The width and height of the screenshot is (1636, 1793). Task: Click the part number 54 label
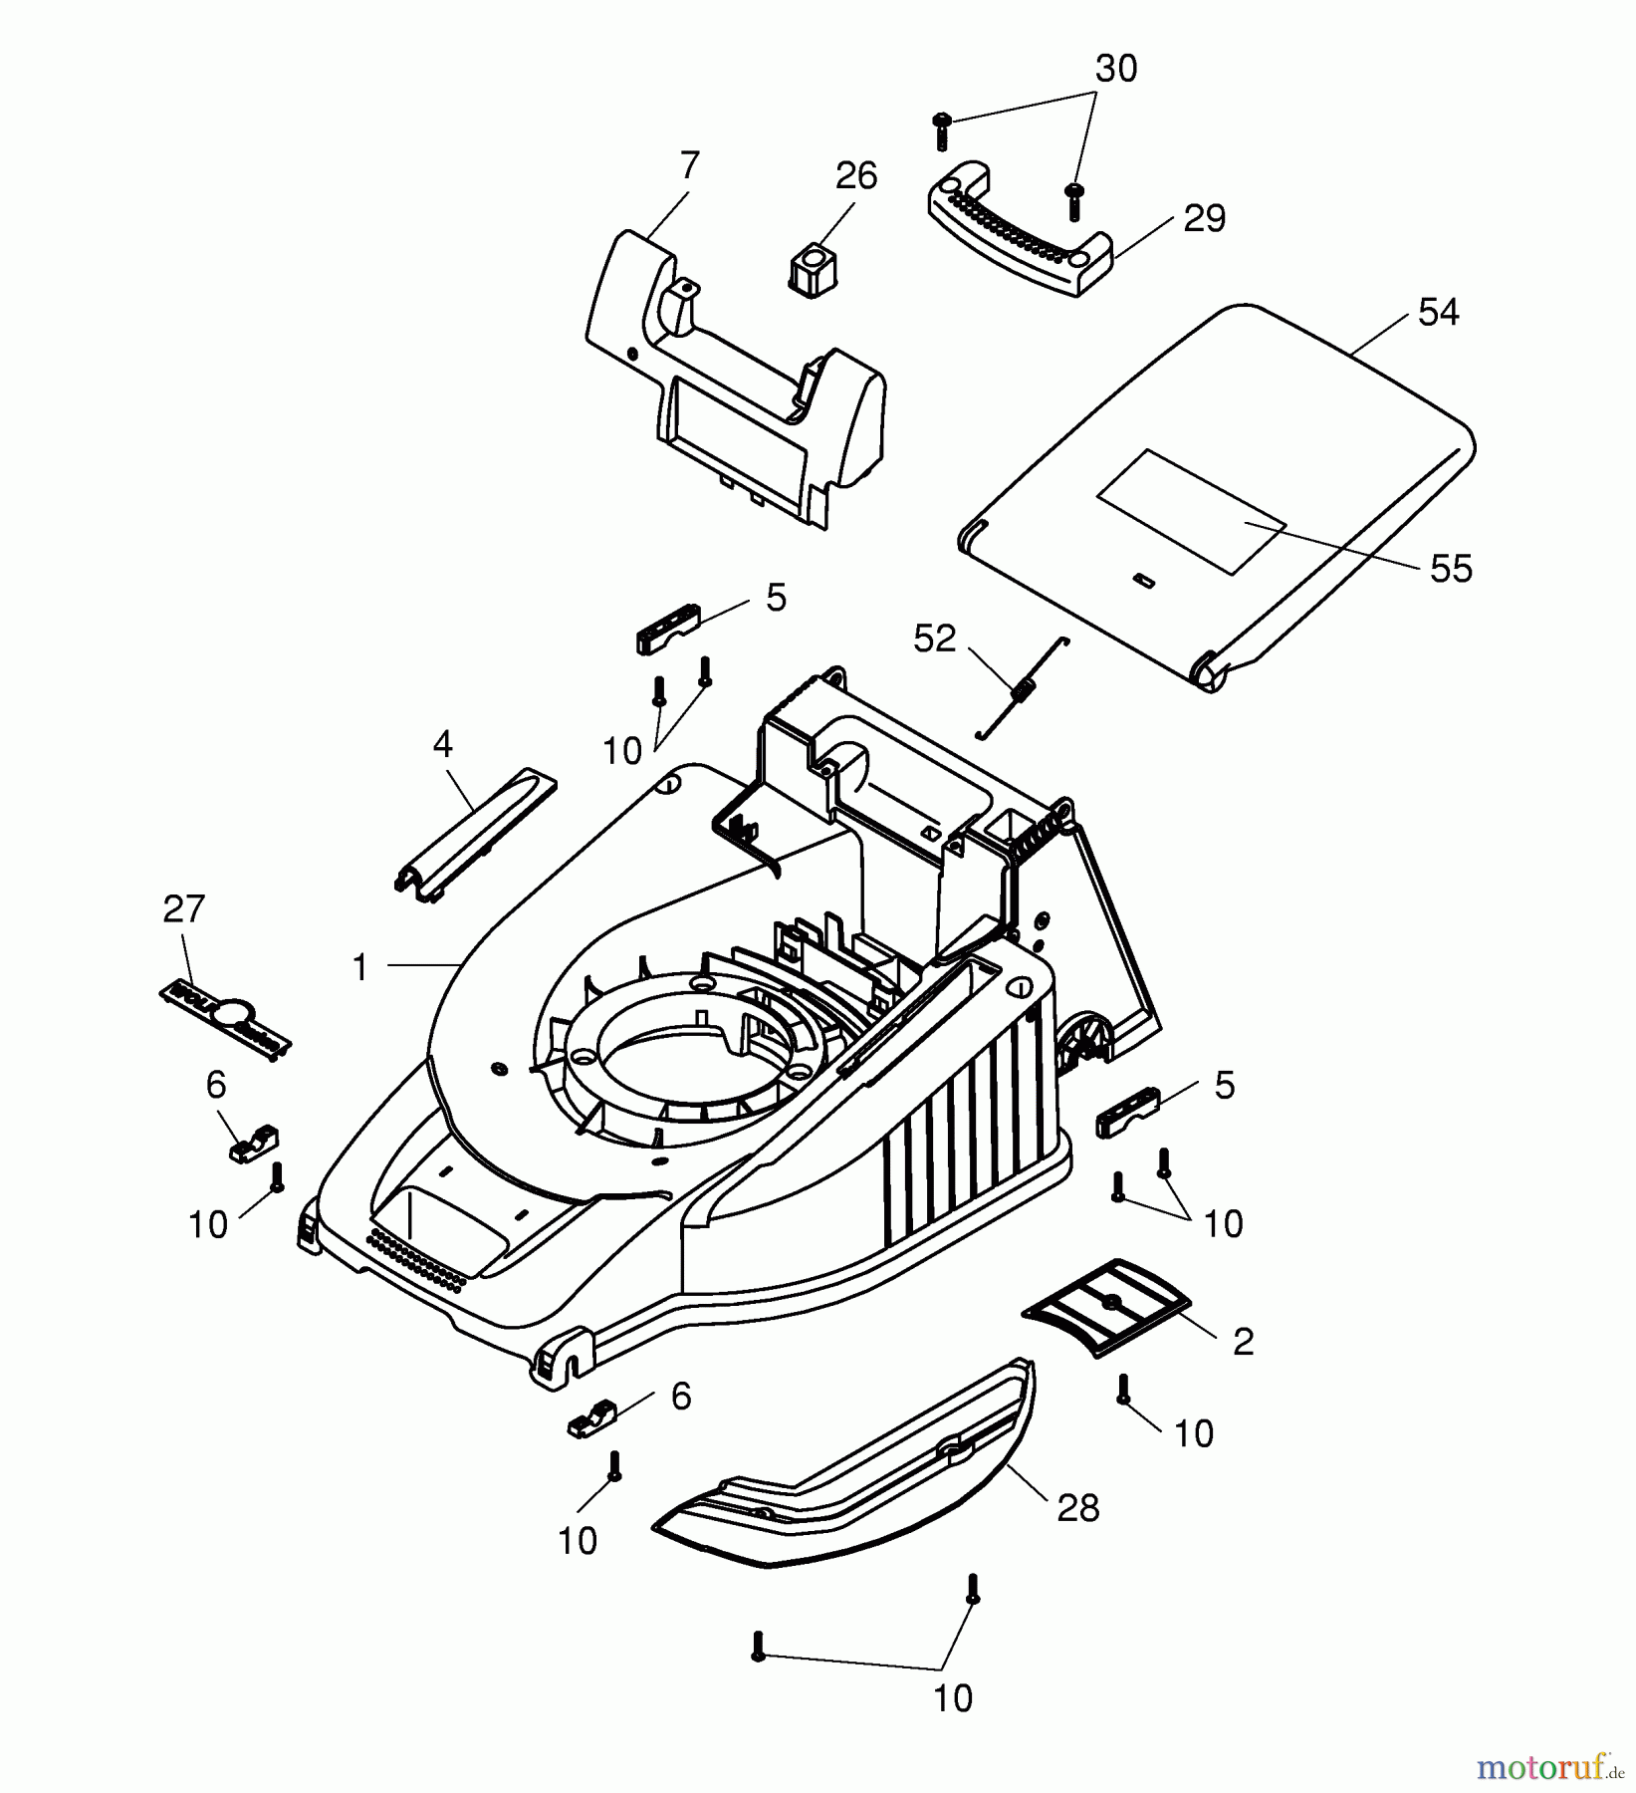1438,313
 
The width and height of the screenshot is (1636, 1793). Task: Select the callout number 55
1450,569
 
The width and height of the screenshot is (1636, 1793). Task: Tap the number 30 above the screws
1115,69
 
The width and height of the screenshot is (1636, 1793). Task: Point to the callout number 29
1204,219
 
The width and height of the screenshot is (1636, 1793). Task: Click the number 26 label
855,176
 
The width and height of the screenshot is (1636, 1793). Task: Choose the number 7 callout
689,164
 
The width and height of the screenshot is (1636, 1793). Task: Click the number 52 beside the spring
934,639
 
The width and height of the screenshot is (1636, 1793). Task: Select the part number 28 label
1077,1508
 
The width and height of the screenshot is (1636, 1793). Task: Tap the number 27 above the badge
183,908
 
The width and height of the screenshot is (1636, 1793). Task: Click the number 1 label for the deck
360,966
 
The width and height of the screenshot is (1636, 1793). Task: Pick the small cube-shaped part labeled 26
815,267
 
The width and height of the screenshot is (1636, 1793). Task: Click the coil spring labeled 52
1022,688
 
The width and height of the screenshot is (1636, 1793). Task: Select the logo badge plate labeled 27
226,1018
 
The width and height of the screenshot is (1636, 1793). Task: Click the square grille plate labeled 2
1106,1304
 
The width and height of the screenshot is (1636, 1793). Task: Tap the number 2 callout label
1243,1342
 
